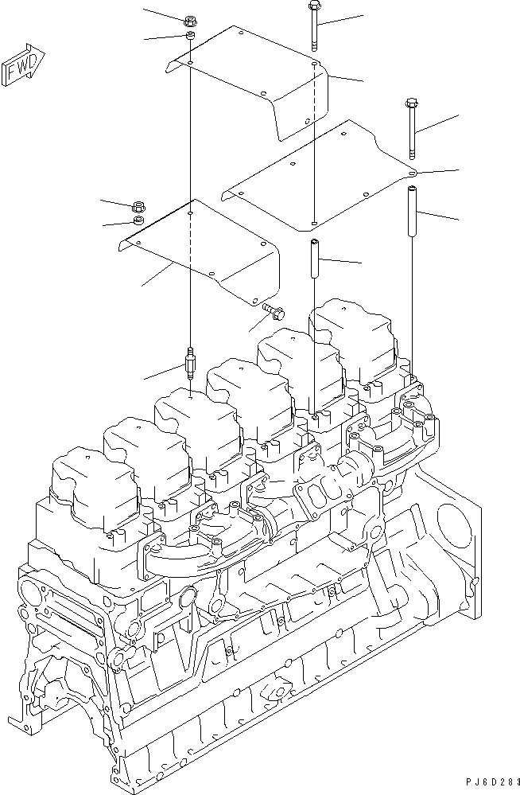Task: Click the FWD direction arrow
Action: point(24,64)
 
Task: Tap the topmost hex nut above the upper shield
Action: point(189,21)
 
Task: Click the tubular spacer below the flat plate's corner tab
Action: point(413,211)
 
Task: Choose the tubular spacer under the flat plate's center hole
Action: point(314,259)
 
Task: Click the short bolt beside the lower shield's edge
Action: point(272,310)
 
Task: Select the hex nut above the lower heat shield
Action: point(138,205)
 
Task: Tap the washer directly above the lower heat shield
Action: point(138,220)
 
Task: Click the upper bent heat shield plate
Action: point(262,80)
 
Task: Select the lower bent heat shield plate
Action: point(199,247)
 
